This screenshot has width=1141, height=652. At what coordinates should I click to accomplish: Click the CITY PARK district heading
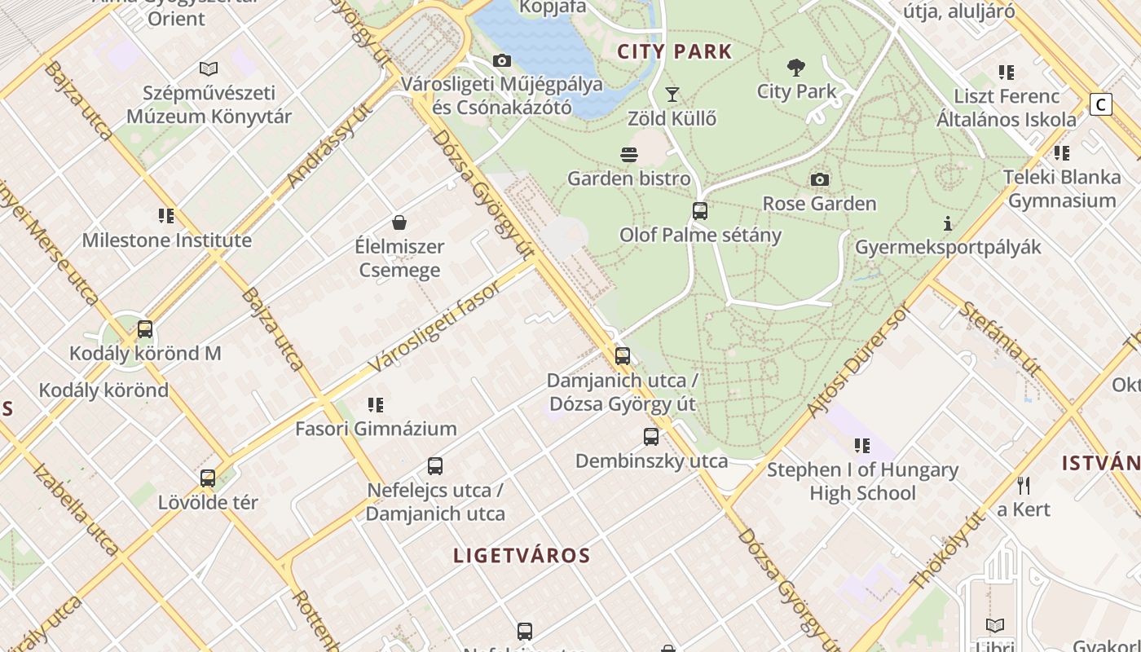(675, 52)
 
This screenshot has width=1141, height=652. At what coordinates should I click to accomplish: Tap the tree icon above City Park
(796, 68)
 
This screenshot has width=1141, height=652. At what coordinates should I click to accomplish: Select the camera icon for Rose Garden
(820, 179)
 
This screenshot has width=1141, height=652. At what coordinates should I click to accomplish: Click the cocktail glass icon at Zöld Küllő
(672, 95)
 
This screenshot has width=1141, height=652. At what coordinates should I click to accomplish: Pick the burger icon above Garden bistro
(628, 154)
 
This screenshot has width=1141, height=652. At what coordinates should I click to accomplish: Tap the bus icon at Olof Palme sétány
(700, 211)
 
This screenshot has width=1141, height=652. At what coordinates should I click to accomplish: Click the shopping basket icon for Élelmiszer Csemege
(399, 222)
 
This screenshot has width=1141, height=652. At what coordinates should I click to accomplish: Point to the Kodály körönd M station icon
(145, 329)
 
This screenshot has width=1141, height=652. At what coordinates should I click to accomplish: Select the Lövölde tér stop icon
(208, 478)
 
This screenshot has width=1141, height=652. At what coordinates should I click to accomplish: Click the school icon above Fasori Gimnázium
(375, 404)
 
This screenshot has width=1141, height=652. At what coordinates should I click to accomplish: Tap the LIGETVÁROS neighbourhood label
(522, 556)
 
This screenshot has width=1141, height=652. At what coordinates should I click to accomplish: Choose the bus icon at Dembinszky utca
(651, 437)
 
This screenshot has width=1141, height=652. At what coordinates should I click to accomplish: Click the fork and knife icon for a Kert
(1024, 486)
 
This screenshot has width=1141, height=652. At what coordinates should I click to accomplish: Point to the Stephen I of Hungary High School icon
(861, 446)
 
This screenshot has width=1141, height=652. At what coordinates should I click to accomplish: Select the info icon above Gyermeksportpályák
(947, 223)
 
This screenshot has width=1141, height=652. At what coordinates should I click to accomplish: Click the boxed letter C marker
(1101, 104)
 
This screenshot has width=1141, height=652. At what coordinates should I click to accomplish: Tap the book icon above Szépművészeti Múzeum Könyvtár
(209, 69)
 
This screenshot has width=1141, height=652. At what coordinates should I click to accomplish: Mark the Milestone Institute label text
(166, 240)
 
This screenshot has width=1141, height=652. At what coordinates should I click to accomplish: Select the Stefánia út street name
(999, 339)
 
